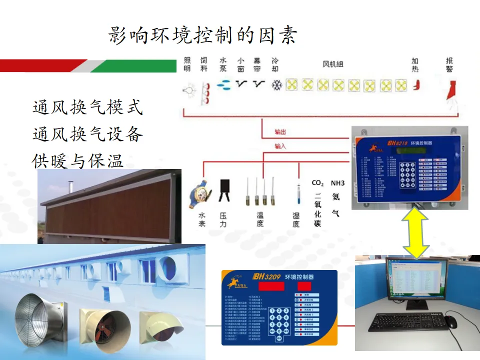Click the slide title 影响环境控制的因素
203,35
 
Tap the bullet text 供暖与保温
77,160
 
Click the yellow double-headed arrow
416,233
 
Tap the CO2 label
318,183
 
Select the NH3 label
337,183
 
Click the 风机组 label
332,64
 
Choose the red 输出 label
280,132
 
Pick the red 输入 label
280,146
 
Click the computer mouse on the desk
451,322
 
